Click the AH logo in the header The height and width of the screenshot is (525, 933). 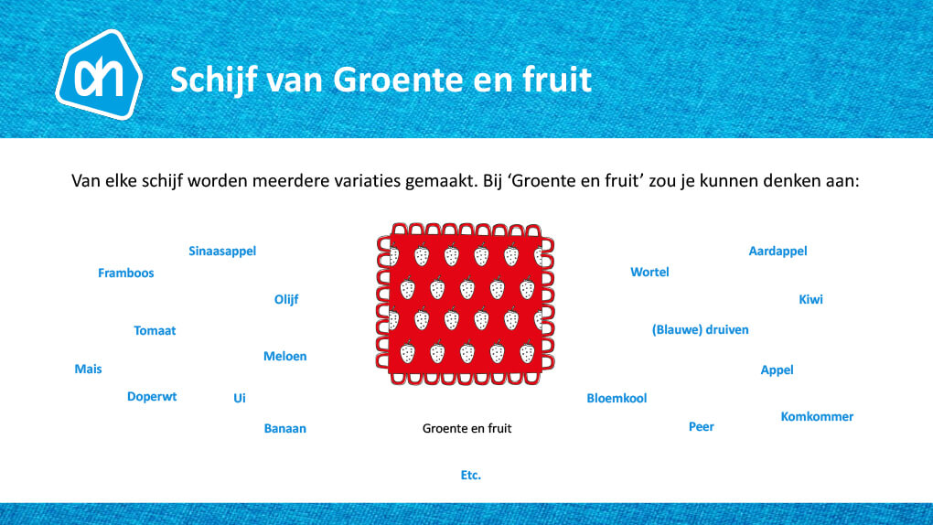click(99, 74)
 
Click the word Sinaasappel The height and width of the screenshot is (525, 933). click(222, 252)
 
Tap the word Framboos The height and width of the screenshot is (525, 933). click(126, 273)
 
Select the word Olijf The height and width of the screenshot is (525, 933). click(286, 299)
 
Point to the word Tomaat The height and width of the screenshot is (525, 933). click(155, 330)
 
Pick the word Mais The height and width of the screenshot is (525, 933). click(88, 369)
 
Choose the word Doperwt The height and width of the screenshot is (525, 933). click(152, 397)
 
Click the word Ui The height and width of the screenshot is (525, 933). click(240, 398)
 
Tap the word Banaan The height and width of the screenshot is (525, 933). click(285, 429)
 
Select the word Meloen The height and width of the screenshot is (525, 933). click(285, 356)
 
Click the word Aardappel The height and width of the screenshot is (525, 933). click(777, 252)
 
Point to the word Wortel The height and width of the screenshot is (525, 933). click(649, 272)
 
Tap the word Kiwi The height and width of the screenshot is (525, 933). click(810, 299)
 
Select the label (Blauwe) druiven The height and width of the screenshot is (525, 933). click(701, 330)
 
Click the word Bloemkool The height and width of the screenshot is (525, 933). click(617, 398)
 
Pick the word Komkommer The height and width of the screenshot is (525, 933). click(817, 417)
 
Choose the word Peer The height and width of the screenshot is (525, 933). click(702, 427)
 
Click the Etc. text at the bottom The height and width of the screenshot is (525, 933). click(471, 475)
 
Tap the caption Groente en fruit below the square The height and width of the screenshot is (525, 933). click(467, 429)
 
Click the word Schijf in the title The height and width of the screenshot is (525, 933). click(214, 80)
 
